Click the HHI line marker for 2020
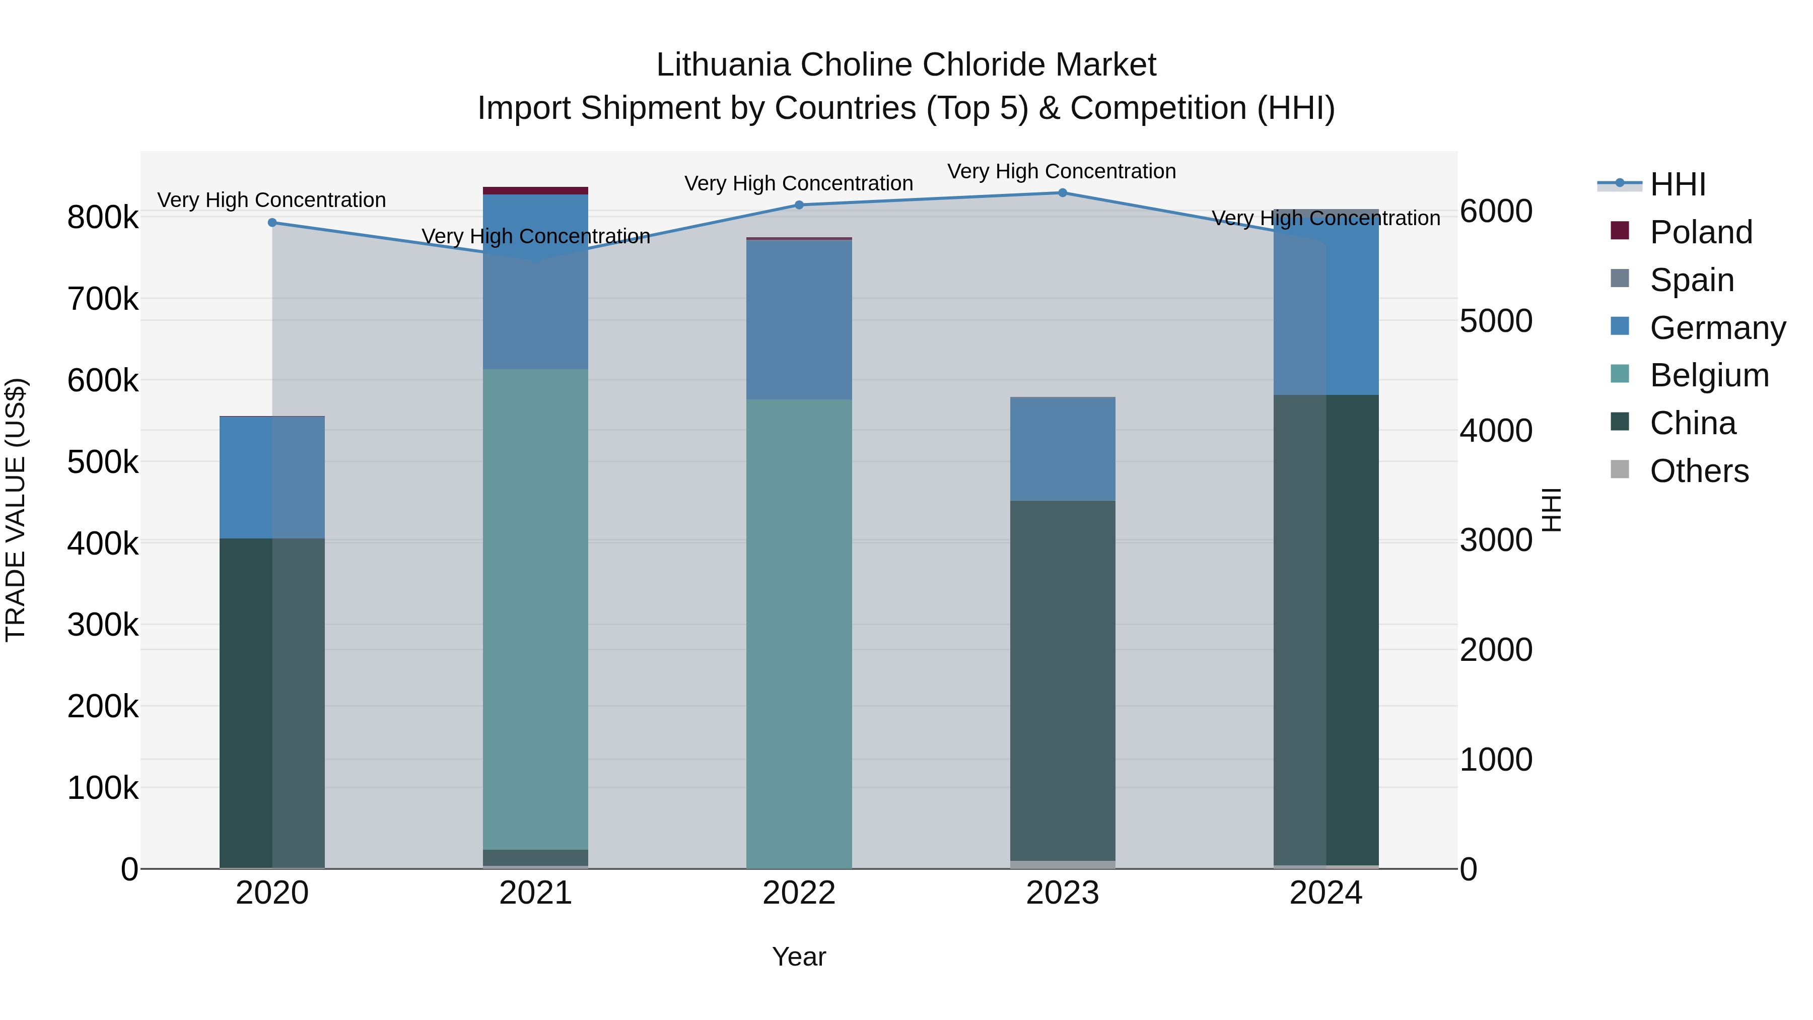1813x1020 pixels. point(272,223)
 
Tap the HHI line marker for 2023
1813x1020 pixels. point(1063,193)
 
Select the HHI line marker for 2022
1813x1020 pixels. point(799,205)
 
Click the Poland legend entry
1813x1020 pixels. point(1700,232)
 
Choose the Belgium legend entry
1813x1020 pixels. point(1709,375)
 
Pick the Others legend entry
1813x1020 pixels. point(1699,471)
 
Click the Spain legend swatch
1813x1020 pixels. point(1620,279)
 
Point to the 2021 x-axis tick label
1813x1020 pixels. point(536,893)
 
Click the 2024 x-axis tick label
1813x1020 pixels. point(1326,893)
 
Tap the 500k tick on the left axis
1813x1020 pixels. point(103,462)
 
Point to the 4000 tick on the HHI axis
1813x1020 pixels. point(1496,431)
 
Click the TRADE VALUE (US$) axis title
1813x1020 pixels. point(16,510)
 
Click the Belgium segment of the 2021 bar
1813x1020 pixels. point(536,609)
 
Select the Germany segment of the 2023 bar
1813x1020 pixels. point(1063,449)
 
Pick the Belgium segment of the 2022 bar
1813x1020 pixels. point(799,634)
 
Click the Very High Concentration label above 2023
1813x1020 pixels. point(1061,171)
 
